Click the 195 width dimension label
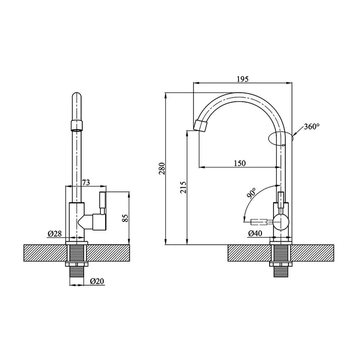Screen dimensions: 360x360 pos(243,79)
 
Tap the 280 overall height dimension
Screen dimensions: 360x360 pos(162,168)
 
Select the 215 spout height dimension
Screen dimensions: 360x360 pos(183,187)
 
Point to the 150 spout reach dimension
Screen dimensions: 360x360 pos(240,163)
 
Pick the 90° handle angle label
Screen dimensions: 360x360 pos(252,193)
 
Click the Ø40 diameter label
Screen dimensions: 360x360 pos(255,234)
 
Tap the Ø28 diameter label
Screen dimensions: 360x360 pos(54,234)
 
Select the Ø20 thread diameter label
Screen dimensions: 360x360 pos(97,281)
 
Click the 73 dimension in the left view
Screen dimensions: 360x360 pos(86,183)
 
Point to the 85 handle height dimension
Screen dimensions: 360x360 pos(125,218)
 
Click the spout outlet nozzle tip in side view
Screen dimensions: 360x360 pos(200,126)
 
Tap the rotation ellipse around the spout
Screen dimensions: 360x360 pos(280,139)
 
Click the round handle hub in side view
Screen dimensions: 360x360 pos(280,221)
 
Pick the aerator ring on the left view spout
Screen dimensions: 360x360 pos(76,125)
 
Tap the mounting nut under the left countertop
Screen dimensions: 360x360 pos(76,264)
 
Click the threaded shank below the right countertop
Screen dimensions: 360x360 pos(280,272)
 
